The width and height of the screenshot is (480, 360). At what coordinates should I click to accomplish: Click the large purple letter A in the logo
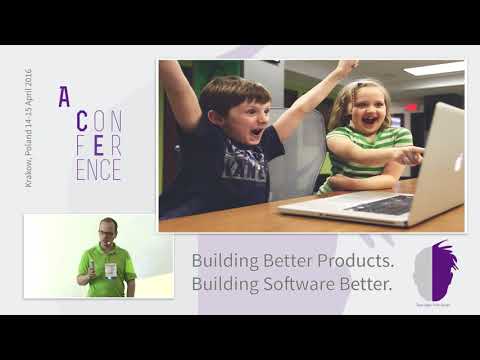point(64,97)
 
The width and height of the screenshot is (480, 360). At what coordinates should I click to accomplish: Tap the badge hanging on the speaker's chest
point(110,269)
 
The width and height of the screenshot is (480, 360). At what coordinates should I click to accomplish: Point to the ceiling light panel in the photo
point(432,68)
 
